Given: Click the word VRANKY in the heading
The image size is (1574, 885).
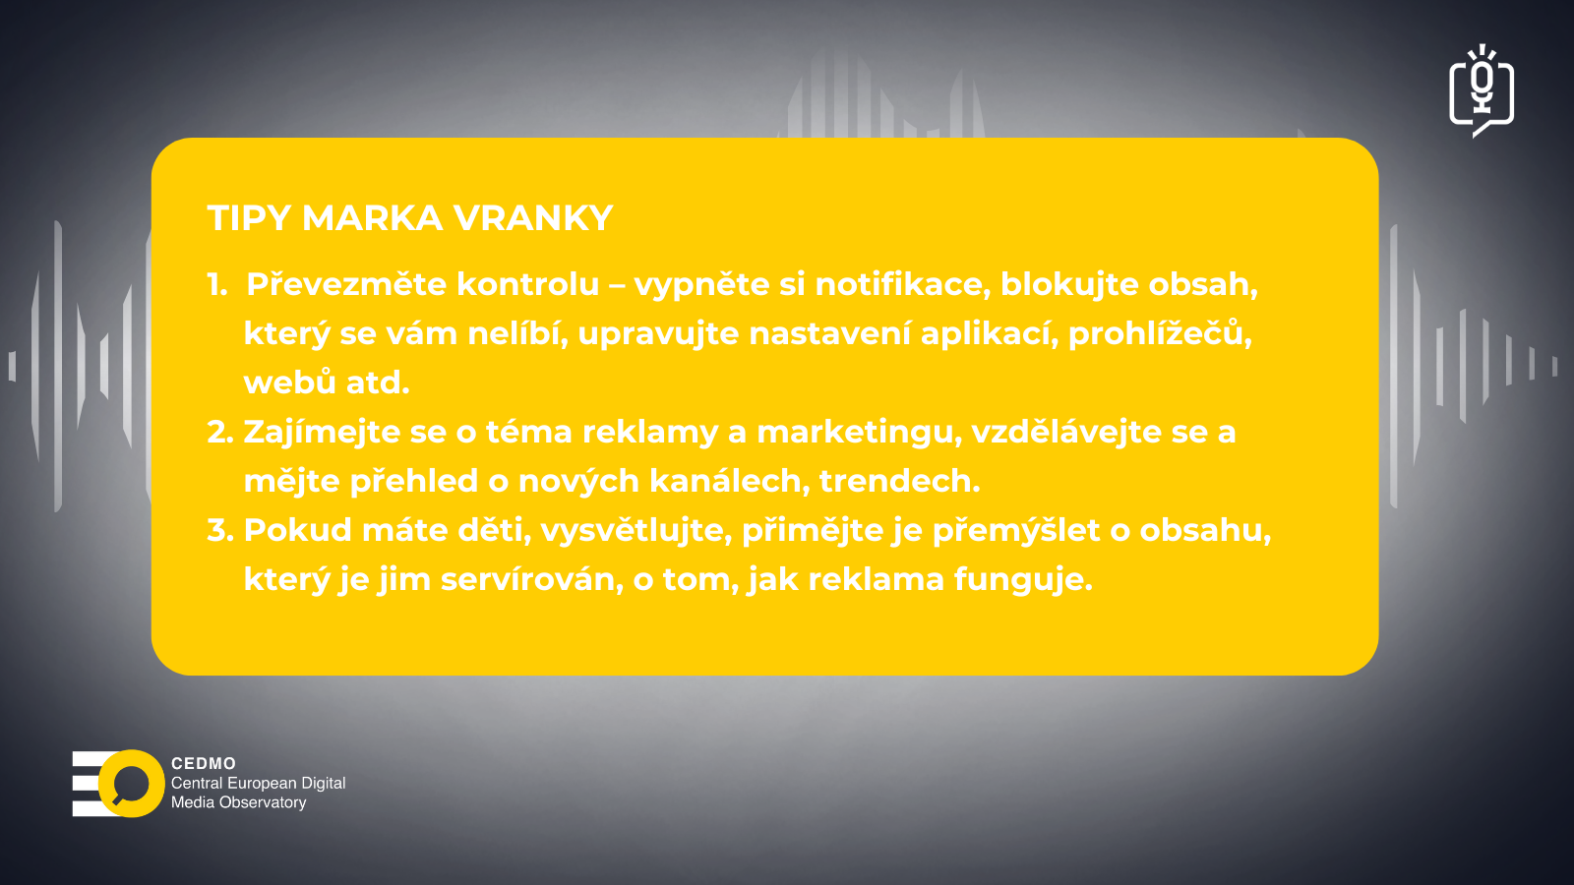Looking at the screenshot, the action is tap(533, 217).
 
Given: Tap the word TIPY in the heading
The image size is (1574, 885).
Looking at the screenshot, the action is tap(249, 217).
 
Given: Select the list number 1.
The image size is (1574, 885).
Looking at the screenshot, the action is tap(216, 284).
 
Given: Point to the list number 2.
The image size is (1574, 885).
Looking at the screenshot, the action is tap(220, 432).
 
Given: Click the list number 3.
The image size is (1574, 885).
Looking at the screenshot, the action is tap(220, 530).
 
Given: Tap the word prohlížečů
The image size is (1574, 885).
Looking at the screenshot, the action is tap(1160, 333).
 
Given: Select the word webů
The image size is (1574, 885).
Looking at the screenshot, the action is tap(289, 383).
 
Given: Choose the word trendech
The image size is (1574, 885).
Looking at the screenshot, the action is tap(899, 481).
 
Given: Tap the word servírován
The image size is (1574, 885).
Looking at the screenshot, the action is tap(532, 579).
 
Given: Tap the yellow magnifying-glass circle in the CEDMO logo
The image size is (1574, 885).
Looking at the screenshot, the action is tap(132, 783).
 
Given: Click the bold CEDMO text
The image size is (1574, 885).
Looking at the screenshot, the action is tap(204, 763).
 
